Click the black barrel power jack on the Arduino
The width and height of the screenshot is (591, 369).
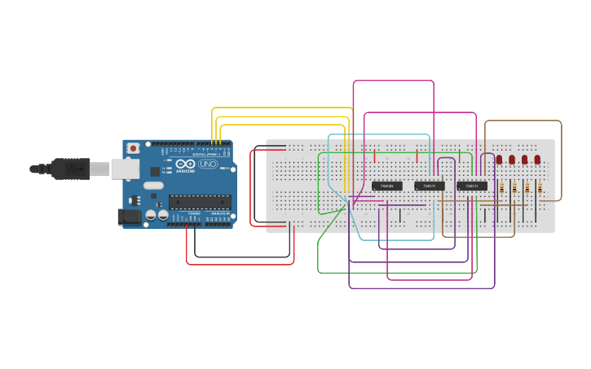(x=127, y=217)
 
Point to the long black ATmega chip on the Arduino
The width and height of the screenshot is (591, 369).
(x=199, y=202)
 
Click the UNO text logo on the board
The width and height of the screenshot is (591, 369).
(x=208, y=164)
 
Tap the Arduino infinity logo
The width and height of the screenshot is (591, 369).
(x=186, y=164)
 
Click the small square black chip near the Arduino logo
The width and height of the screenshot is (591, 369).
(x=155, y=172)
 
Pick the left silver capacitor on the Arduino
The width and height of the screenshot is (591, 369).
(x=152, y=216)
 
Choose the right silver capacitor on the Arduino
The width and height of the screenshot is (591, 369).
(x=163, y=216)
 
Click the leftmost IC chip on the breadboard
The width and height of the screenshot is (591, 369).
(x=386, y=186)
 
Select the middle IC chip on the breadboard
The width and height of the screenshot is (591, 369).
(x=429, y=186)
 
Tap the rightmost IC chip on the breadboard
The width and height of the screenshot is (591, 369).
(x=472, y=186)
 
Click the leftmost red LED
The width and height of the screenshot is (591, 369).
(x=499, y=160)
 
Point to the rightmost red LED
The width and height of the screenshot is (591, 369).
(x=537, y=160)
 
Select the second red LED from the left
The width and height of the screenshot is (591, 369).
(x=512, y=160)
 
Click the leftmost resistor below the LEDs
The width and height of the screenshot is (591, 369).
(x=501, y=188)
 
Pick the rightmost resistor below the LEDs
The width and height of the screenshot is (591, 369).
(x=540, y=188)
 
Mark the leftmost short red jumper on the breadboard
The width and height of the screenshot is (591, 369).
(x=374, y=156)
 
